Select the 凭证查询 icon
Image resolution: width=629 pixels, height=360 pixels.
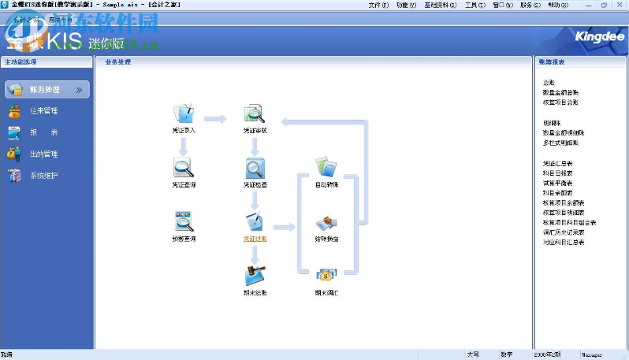tap(183, 167)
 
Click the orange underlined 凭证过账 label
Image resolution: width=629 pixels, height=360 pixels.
tap(255, 237)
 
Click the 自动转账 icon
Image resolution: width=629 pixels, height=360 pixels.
tap(326, 167)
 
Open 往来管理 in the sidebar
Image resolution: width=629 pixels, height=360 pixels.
tap(43, 111)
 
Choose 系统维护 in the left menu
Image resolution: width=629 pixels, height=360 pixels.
tap(43, 176)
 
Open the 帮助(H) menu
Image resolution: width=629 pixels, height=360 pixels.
tap(557, 5)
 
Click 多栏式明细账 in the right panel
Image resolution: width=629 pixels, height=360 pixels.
tap(560, 143)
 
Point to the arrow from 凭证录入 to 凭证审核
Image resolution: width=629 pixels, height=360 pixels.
tap(215, 119)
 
